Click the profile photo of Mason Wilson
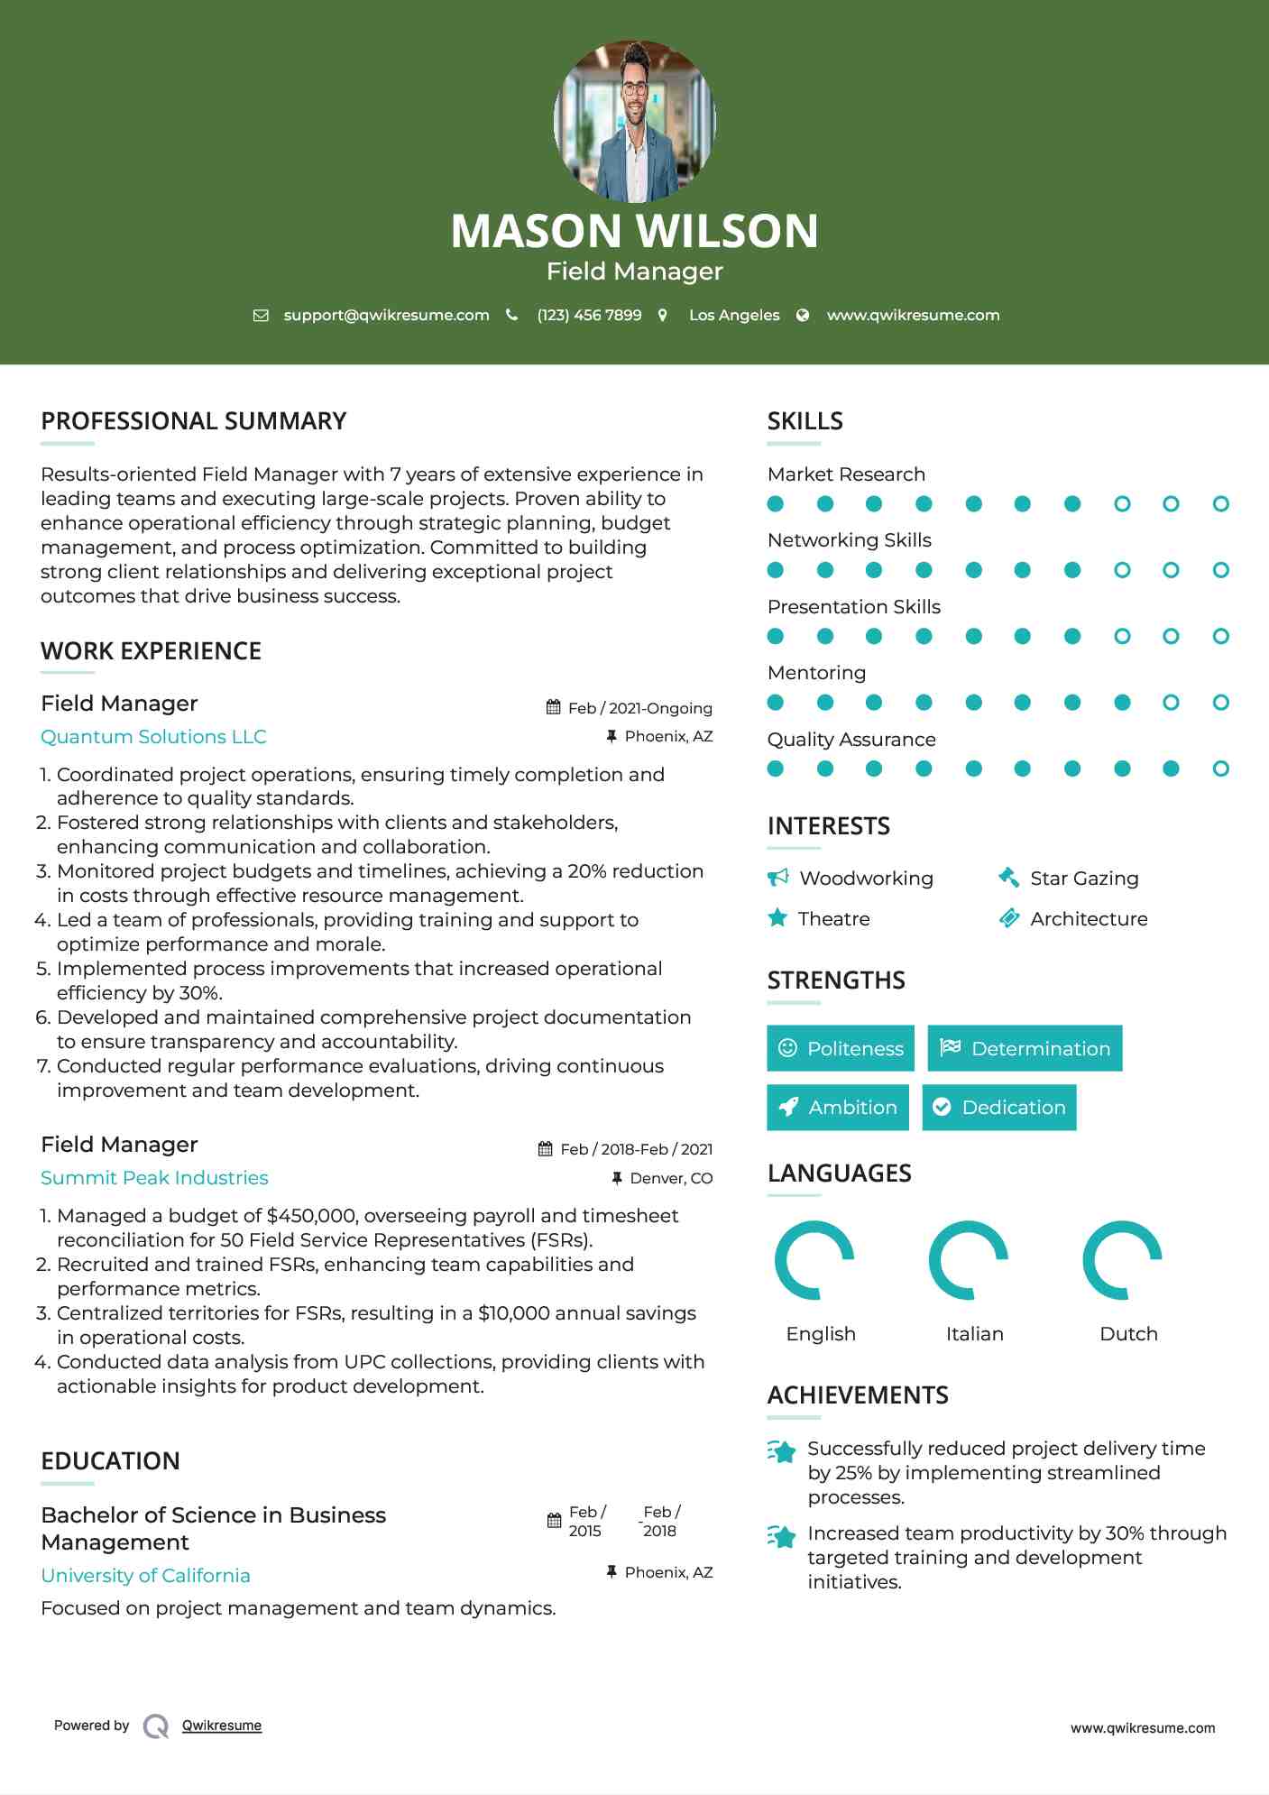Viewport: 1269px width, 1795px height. tap(634, 121)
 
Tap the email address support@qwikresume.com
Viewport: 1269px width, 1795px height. tap(386, 315)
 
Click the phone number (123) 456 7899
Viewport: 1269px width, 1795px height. tap(589, 315)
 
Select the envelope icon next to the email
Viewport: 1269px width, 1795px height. tap(261, 316)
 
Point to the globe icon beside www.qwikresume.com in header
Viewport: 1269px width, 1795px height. tap(803, 315)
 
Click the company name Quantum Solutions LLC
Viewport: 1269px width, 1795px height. tap(153, 737)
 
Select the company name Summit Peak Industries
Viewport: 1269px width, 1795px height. tap(154, 1178)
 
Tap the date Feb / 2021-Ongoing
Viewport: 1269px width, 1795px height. tap(639, 708)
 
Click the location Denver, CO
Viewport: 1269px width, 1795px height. tap(671, 1178)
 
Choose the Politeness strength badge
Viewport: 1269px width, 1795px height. tap(841, 1048)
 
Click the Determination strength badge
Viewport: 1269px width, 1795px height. tap(1025, 1048)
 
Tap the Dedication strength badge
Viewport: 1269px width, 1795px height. tap(999, 1108)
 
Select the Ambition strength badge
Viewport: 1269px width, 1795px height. tap(838, 1108)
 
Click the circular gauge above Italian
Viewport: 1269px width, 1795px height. tap(969, 1259)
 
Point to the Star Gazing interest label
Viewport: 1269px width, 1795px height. tap(1084, 879)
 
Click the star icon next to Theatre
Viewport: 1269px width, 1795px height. tap(777, 918)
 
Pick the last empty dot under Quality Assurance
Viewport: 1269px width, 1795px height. tap(1220, 769)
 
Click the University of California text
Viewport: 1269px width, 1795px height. tap(145, 1576)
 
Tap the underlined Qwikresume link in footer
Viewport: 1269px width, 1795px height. tap(222, 1726)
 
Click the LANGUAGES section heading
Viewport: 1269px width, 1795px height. tap(839, 1174)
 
